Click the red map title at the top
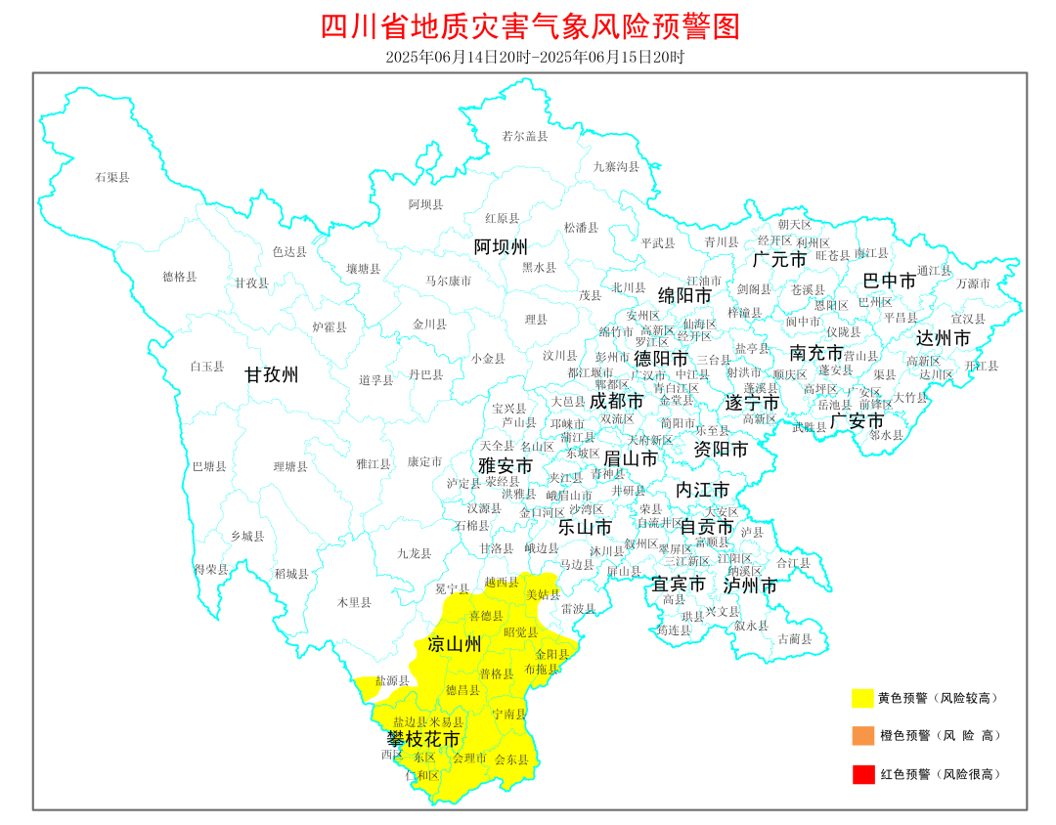pos(530,26)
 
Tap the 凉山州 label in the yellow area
pos(456,644)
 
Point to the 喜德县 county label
pos(486,616)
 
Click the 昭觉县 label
pos(521,631)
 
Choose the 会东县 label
pos(511,759)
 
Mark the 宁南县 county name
pos(508,714)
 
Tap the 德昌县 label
pos(462,689)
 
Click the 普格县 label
pos(496,673)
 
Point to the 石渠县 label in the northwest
pos(111,177)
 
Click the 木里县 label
pos(353,602)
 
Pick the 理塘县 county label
pos(290,467)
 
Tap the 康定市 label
pos(424,460)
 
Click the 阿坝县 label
pos(425,204)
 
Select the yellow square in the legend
pos(862,698)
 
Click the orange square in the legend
pos(862,735)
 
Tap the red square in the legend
pos(862,774)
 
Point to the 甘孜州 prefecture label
pos(272,374)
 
